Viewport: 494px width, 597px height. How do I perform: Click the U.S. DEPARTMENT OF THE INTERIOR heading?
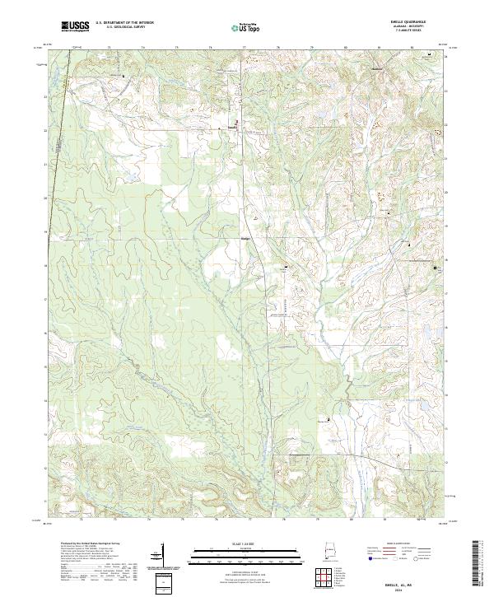[x=124, y=23]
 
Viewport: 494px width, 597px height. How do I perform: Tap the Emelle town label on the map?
[x=232, y=128]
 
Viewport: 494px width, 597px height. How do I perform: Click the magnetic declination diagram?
[x=161, y=555]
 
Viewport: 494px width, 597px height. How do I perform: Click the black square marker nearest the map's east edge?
[x=436, y=268]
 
